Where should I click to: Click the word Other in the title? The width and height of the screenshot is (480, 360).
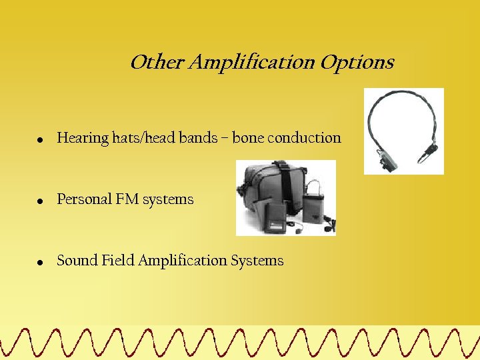(157, 63)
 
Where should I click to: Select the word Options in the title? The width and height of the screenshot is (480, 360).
(357, 63)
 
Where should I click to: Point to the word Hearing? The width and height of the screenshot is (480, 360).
(83, 139)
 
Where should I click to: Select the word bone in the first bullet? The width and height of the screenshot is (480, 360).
(247, 138)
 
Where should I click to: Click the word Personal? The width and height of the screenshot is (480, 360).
(84, 199)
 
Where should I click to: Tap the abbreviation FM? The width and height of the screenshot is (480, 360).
(127, 199)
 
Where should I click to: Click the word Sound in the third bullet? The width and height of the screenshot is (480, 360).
(77, 261)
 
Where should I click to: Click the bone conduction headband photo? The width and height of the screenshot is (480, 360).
(403, 131)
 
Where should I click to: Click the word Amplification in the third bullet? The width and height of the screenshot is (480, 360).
(183, 261)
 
